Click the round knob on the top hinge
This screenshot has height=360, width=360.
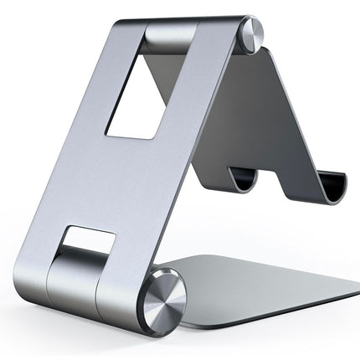[251, 34]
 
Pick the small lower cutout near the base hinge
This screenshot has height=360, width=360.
[90, 245]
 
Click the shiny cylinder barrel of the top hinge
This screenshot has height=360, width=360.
[172, 38]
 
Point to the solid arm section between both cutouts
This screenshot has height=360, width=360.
[126, 184]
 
